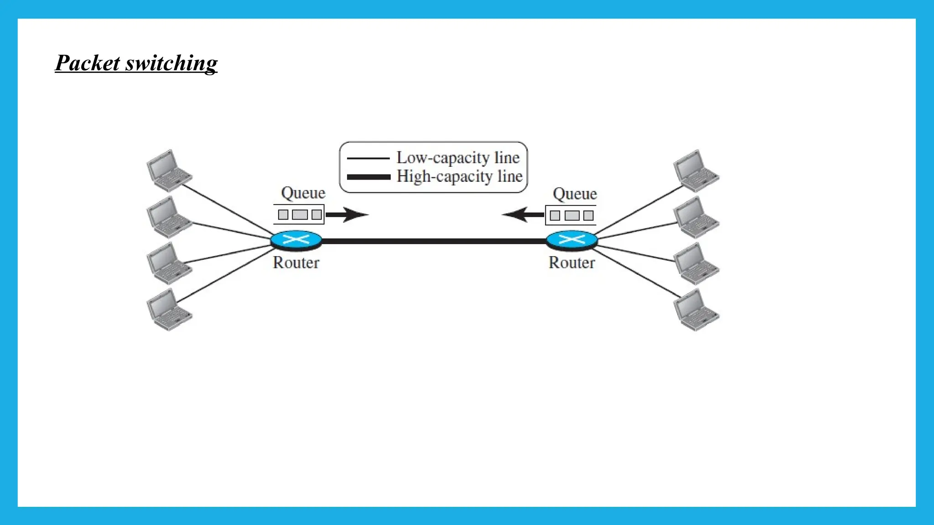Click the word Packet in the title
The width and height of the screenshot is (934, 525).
pos(88,63)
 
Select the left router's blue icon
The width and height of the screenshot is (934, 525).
pos(296,240)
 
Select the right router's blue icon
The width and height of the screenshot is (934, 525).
pos(571,240)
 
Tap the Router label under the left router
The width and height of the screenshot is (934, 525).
pos(296,262)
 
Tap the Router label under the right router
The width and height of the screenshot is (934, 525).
pos(571,262)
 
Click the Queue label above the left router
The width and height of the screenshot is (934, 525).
pos(303,193)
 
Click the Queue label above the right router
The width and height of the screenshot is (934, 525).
pos(575,194)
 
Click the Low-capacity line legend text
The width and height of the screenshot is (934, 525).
pos(458,158)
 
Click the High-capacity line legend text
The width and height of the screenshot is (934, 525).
pos(459,176)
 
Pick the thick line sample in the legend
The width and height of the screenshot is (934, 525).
pos(368,177)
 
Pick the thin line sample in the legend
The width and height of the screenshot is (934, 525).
pos(368,158)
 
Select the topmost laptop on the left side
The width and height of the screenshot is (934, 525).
pos(169,170)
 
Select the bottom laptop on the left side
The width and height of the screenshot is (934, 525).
pos(169,309)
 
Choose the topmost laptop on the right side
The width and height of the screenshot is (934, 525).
pos(696,170)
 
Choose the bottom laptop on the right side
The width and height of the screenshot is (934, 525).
pos(696,309)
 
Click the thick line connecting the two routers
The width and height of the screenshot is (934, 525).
pos(433,241)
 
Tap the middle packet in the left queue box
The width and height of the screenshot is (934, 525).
pos(300,215)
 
